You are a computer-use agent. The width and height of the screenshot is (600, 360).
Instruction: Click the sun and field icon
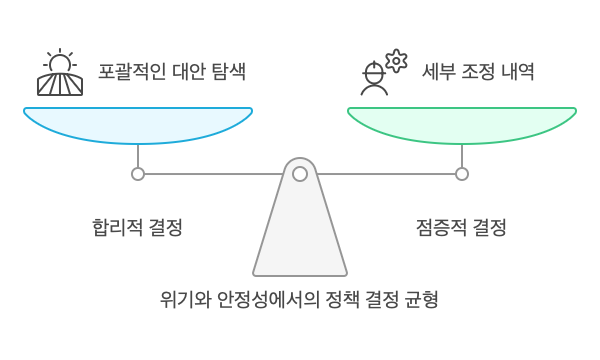tap(60, 73)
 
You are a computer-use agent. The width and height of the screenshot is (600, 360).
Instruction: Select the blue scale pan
tap(138, 124)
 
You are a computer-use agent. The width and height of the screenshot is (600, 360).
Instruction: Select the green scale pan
tap(462, 124)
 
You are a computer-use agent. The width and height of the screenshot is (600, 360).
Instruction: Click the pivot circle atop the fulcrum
tap(299, 174)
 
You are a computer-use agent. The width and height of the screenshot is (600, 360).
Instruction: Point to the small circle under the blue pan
tap(138, 174)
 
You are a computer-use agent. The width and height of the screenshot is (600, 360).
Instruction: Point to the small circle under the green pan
tap(462, 174)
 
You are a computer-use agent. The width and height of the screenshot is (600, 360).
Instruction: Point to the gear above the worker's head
tap(396, 59)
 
